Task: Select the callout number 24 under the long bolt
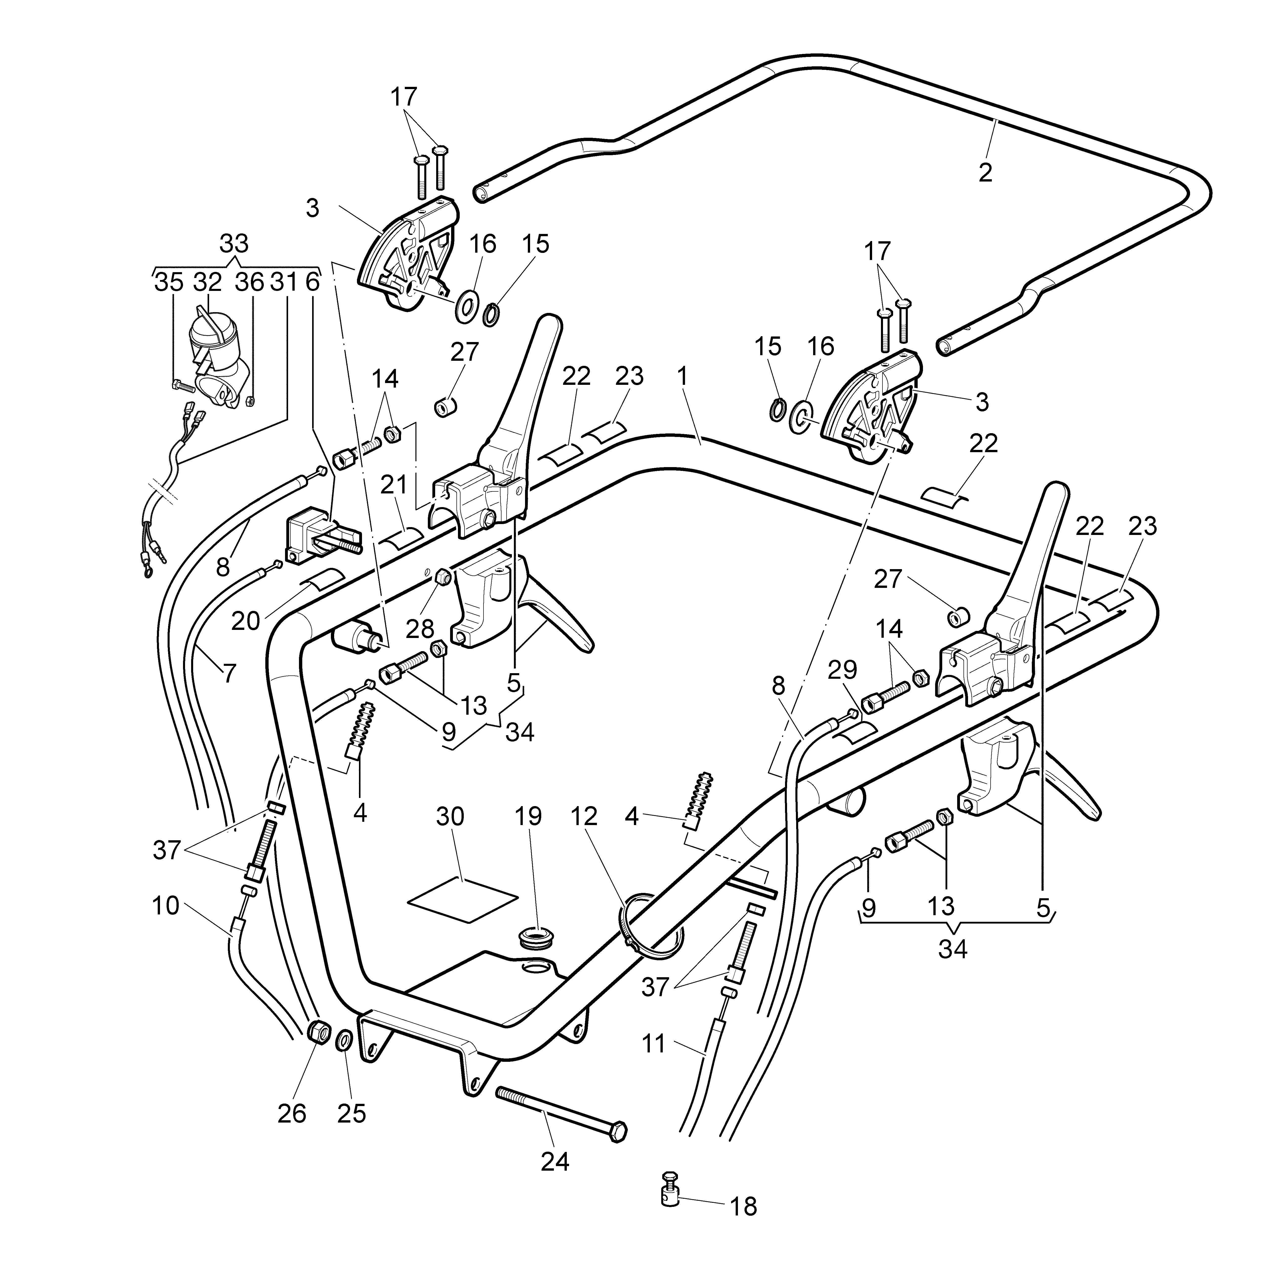click(555, 1162)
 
